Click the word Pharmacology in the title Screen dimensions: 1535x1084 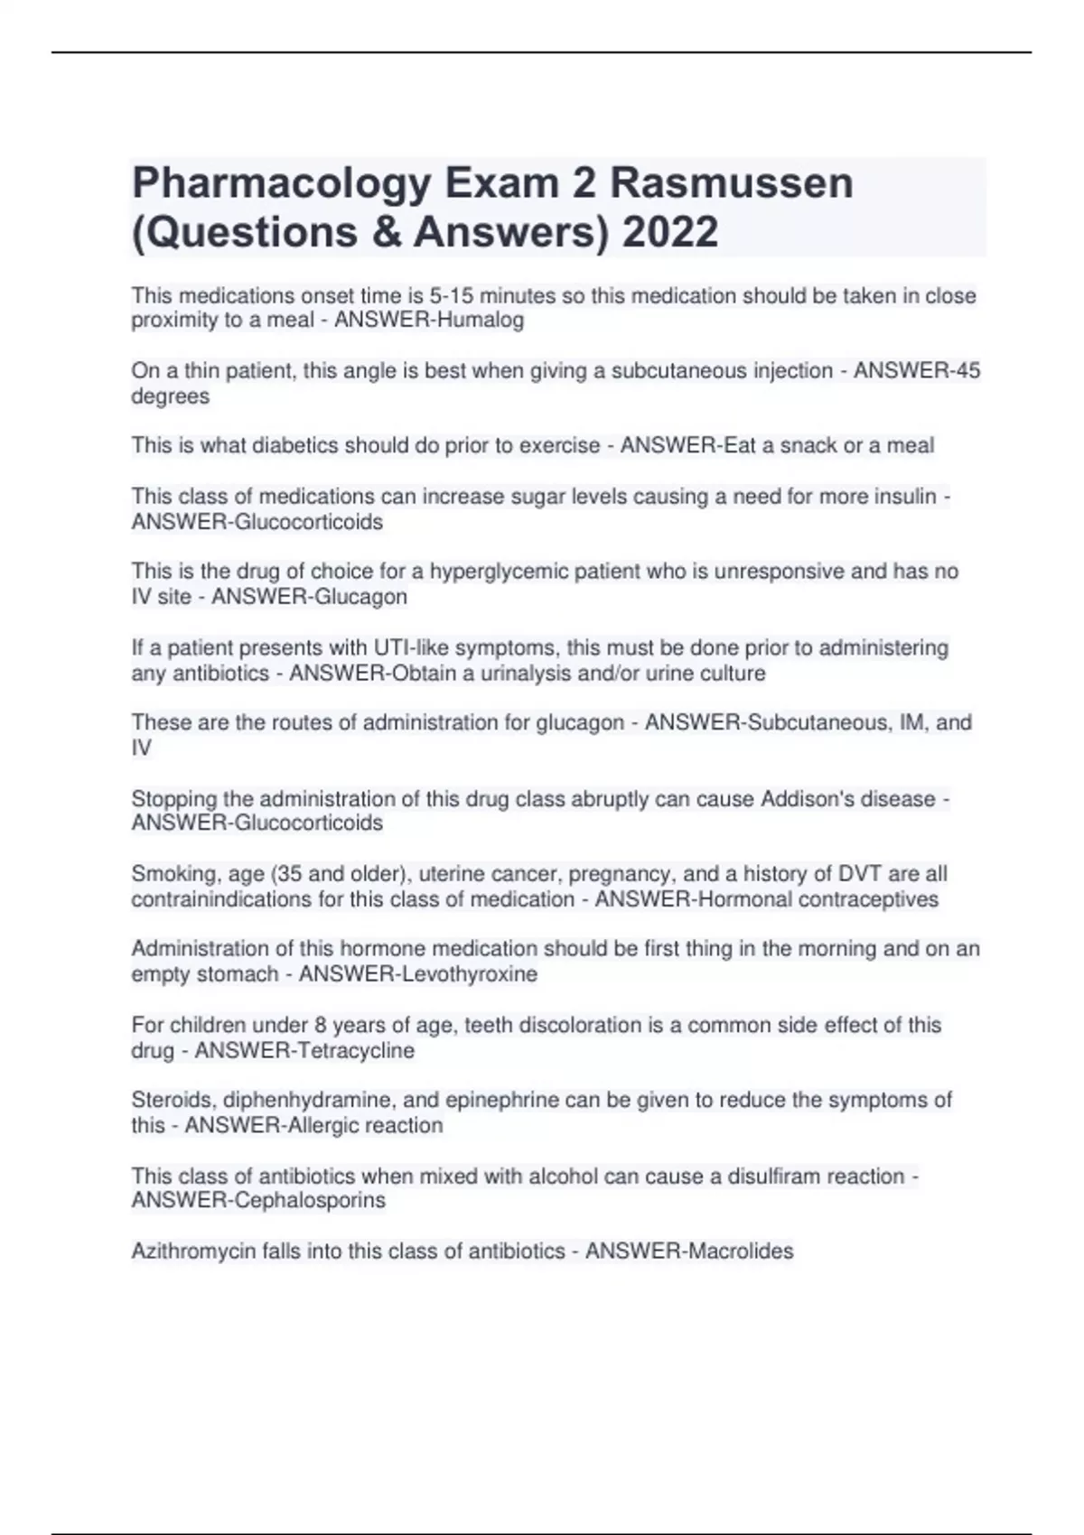pos(281,184)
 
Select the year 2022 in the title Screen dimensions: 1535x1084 pos(670,232)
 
